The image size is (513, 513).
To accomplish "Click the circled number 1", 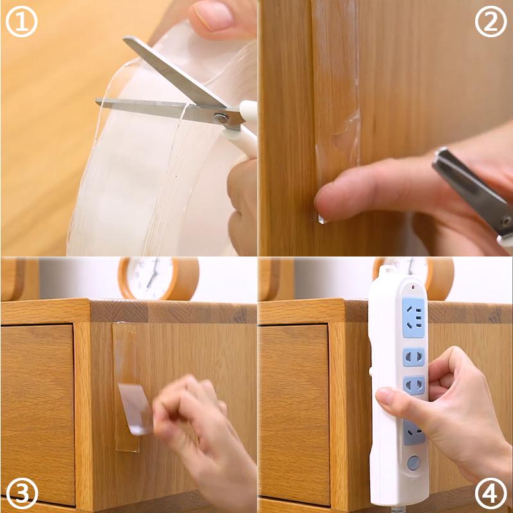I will click(x=22, y=22).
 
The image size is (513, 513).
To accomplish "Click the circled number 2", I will click(x=491, y=22).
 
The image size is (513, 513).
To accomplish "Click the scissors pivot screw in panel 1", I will click(x=221, y=117).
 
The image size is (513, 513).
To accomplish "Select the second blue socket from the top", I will click(x=414, y=356).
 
